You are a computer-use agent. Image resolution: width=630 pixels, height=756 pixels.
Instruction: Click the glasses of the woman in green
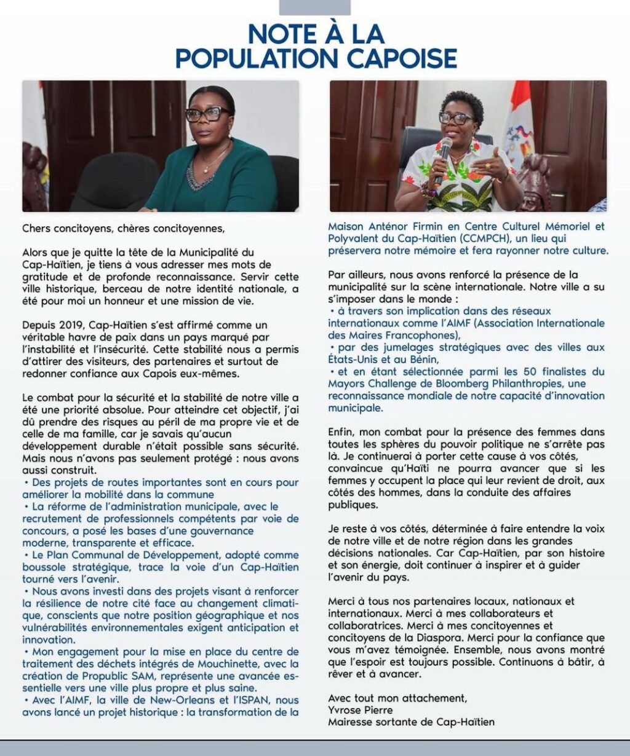click(x=207, y=114)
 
